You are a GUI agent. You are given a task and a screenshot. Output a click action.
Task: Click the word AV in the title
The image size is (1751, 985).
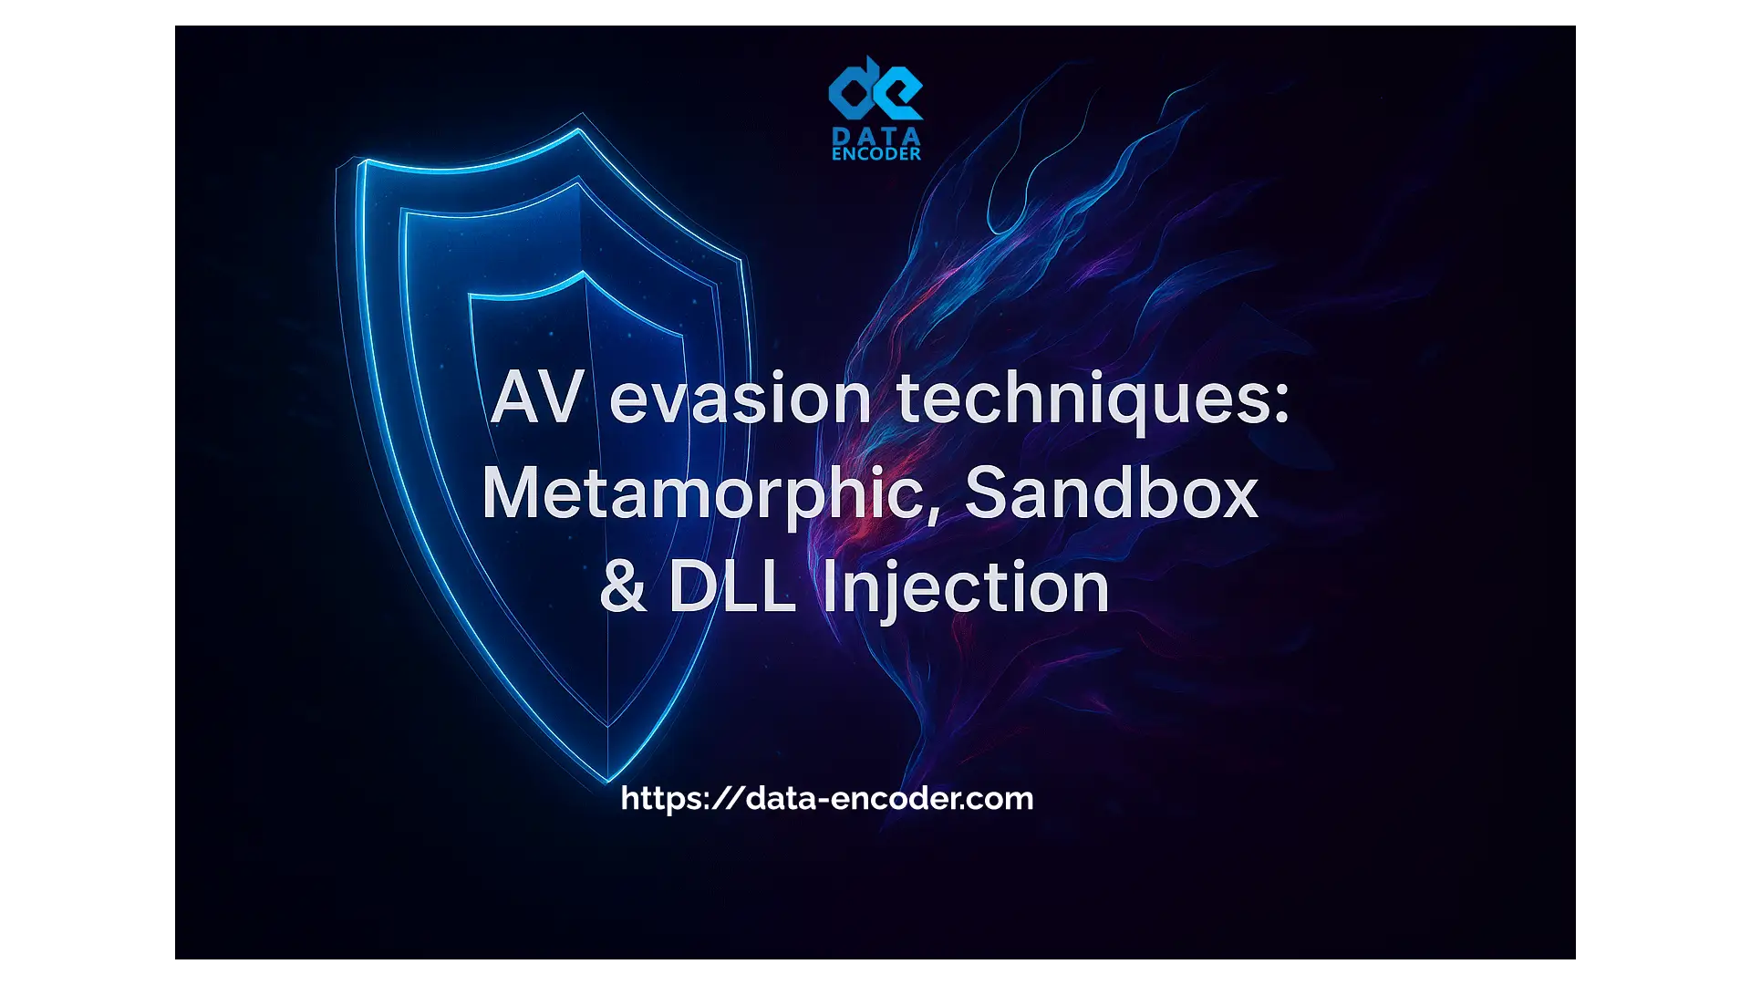[537, 398]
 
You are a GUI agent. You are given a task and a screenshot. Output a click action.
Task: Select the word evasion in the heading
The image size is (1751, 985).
[740, 399]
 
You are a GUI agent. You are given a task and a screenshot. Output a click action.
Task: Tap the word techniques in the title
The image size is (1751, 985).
[1080, 401]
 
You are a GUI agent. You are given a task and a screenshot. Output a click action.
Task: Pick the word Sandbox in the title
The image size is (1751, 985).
[1111, 493]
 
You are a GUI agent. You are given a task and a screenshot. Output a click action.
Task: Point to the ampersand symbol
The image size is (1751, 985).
[623, 586]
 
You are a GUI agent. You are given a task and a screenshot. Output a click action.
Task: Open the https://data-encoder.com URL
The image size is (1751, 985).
[827, 798]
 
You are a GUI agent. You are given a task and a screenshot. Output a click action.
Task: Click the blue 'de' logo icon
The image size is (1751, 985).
[875, 88]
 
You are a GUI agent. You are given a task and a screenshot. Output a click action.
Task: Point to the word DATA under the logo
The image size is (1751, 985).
[876, 137]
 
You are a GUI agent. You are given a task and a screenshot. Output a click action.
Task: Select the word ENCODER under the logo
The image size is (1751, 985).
[876, 154]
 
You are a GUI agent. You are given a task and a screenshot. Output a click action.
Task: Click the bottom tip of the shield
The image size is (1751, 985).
[608, 783]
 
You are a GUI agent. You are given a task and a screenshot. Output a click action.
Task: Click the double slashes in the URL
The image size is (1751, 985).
[726, 798]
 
